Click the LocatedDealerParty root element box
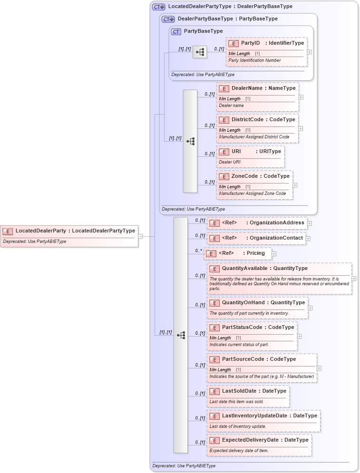coord(69,236)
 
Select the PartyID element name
coord(250,43)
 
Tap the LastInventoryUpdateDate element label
coord(254,416)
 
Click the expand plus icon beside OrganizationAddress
coord(310,223)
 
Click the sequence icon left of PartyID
coord(200,52)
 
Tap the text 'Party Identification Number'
coord(254,60)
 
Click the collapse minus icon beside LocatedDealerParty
coord(140,236)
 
